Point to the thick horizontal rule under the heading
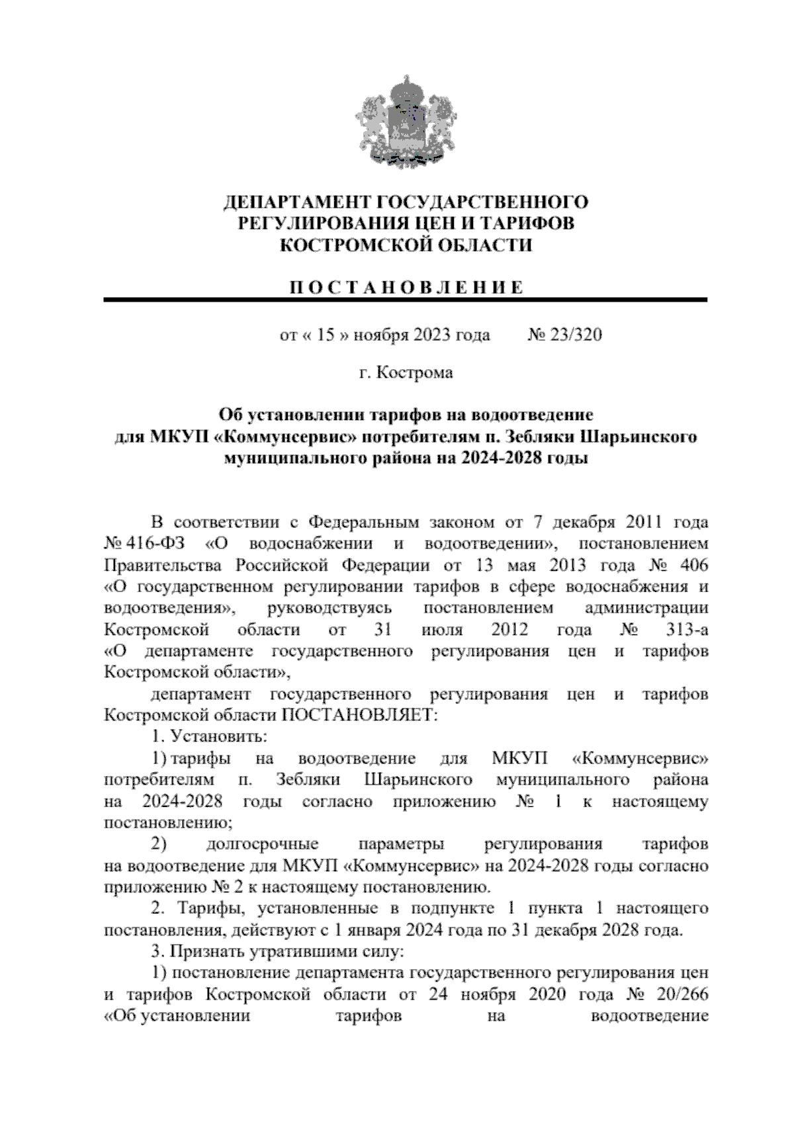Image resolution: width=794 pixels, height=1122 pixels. pos(405,301)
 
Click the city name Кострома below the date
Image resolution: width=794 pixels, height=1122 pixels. pos(415,373)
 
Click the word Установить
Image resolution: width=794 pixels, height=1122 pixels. pos(218,736)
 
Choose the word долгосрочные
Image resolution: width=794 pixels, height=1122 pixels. pos(263,844)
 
